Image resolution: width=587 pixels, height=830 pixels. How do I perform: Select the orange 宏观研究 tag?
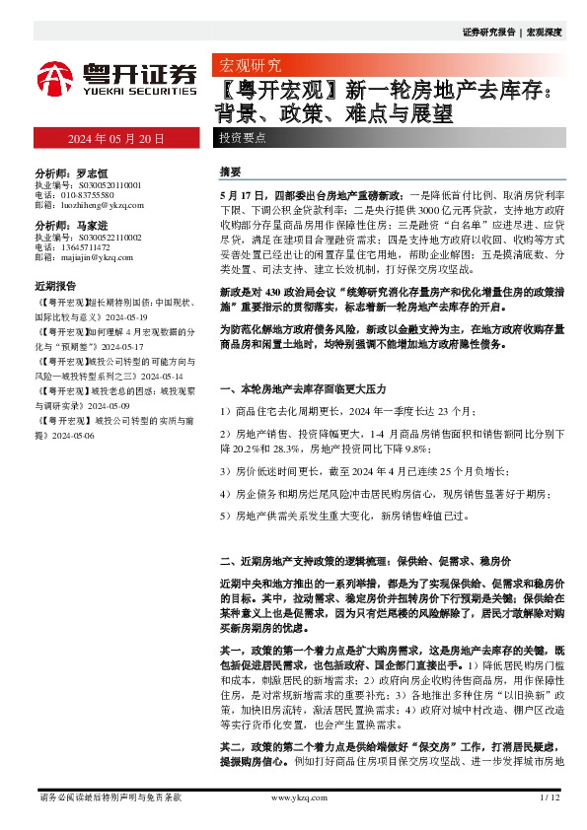tap(248, 65)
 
